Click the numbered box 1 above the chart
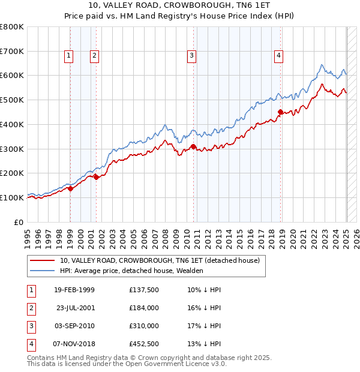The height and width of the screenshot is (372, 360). pyautogui.click(x=69, y=56)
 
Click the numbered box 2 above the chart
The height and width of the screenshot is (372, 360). pyautogui.click(x=95, y=56)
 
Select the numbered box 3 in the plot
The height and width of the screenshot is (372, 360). pyautogui.click(x=191, y=56)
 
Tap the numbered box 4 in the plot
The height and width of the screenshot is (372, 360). pyautogui.click(x=279, y=56)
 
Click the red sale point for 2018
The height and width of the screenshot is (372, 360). pyautogui.click(x=280, y=112)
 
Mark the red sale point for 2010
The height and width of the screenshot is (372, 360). pyautogui.click(x=193, y=146)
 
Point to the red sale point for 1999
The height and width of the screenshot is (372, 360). pyautogui.click(x=71, y=188)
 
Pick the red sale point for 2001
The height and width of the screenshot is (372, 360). pyautogui.click(x=97, y=177)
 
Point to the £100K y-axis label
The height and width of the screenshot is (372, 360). pyautogui.click(x=12, y=197)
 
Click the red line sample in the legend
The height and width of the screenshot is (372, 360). pyautogui.click(x=41, y=261)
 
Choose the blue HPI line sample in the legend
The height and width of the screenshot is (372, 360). pyautogui.click(x=41, y=271)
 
